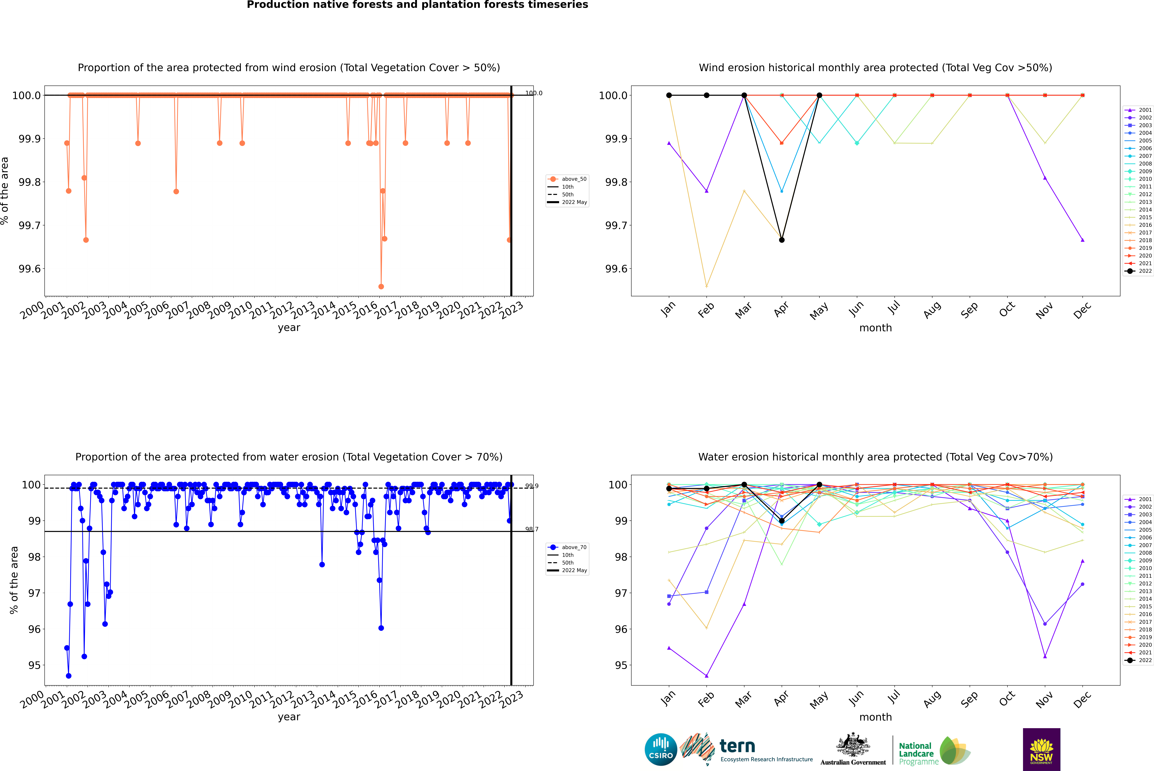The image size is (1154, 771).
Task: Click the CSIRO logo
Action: (661, 749)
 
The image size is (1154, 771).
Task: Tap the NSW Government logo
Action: (1041, 749)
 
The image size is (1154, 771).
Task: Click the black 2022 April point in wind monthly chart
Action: (782, 240)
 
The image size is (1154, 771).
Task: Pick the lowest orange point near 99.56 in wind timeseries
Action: (381, 287)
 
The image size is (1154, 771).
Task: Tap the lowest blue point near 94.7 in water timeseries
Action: (68, 676)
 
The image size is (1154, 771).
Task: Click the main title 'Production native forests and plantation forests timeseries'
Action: (417, 5)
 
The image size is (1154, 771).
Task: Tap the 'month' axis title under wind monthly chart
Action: (875, 328)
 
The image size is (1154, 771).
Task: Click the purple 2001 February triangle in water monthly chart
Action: (706, 676)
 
